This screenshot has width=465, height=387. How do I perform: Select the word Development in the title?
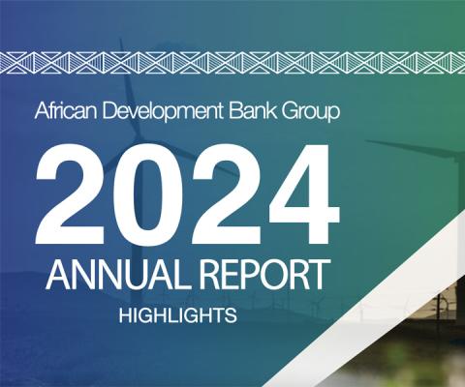coord(163,112)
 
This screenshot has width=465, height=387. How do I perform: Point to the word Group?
coord(311,112)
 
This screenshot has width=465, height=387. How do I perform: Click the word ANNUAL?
coord(117,274)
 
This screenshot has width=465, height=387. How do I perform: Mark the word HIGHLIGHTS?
coord(178,315)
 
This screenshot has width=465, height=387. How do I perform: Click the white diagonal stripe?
coord(365,300)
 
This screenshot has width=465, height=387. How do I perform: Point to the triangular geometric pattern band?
coord(232,62)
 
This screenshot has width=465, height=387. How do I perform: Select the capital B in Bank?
coord(235,111)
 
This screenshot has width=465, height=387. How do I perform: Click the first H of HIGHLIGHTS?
coord(125,315)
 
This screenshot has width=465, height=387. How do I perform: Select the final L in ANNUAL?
coord(179,274)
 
